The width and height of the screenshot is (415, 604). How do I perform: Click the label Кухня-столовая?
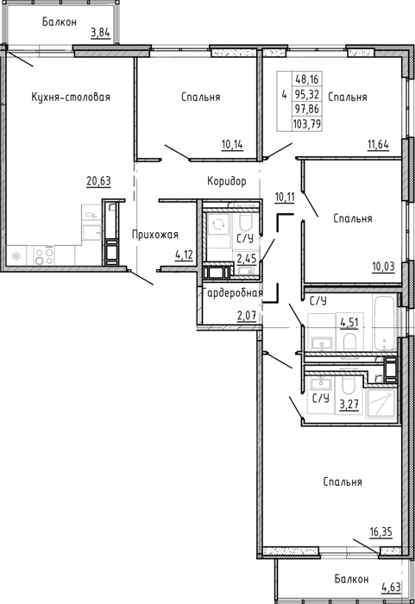tap(71, 97)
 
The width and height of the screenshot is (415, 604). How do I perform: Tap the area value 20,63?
tap(98, 180)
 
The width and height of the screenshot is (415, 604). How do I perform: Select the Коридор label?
tap(227, 181)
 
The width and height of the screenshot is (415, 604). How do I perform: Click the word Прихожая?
tap(155, 234)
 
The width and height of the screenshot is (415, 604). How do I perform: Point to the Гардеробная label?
tap(234, 293)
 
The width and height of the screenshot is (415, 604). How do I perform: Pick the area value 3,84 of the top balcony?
tap(100, 33)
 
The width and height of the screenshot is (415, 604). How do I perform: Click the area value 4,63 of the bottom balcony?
tap(391, 588)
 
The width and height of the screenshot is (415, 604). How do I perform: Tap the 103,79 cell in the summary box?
tap(307, 124)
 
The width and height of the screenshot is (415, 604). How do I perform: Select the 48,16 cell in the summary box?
tap(307, 79)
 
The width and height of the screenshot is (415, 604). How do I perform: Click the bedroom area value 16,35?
tap(380, 532)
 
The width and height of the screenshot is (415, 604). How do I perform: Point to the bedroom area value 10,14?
tap(232, 145)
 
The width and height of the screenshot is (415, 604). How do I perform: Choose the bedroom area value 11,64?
tap(378, 145)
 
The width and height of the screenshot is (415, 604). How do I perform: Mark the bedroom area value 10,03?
tap(383, 267)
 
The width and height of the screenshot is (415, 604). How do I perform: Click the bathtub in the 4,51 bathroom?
tap(384, 324)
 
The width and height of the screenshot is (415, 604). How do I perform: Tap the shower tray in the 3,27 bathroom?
tap(380, 403)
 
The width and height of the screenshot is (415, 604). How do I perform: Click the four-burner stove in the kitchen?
tap(43, 256)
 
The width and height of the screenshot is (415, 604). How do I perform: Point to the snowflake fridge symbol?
tap(16, 255)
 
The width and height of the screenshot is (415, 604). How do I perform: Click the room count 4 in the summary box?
tap(285, 95)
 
